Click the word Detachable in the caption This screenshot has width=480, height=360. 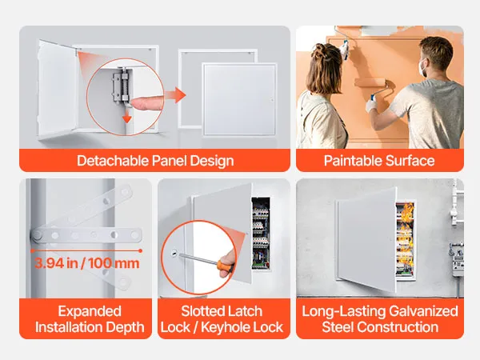point(113,161)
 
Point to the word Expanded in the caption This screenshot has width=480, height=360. point(90,312)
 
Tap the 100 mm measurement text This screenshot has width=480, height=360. point(114,263)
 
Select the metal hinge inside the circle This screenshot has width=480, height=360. point(120,86)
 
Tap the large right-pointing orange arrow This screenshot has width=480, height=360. point(175,95)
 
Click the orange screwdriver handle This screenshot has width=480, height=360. point(225,265)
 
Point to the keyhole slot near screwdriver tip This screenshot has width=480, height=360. point(174,253)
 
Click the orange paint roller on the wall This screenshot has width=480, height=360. point(370,82)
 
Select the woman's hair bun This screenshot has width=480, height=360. point(322,50)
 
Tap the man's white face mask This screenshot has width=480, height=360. point(424,68)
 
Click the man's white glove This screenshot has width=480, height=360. point(372,106)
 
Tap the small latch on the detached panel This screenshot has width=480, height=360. point(271,99)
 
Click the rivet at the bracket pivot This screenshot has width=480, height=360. point(38,235)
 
